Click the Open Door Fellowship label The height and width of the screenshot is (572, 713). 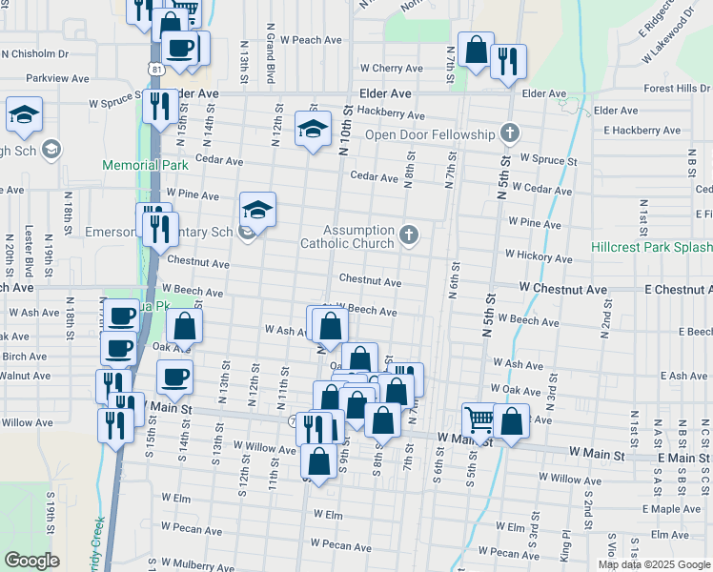coord(431,133)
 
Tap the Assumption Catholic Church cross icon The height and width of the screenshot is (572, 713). coord(409,235)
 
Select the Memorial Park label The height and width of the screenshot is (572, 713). coord(145,165)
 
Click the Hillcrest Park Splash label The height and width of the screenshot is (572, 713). coord(653,246)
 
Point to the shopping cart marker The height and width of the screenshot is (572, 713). coord(479,419)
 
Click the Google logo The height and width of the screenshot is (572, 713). coord(31,561)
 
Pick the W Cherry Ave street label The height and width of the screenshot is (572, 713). coord(391,69)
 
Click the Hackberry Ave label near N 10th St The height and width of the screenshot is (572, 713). coord(392,114)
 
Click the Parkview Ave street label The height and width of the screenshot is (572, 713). coord(57,78)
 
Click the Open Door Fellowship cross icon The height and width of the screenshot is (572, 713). coord(510,133)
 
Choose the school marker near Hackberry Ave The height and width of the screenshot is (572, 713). coord(312,130)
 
